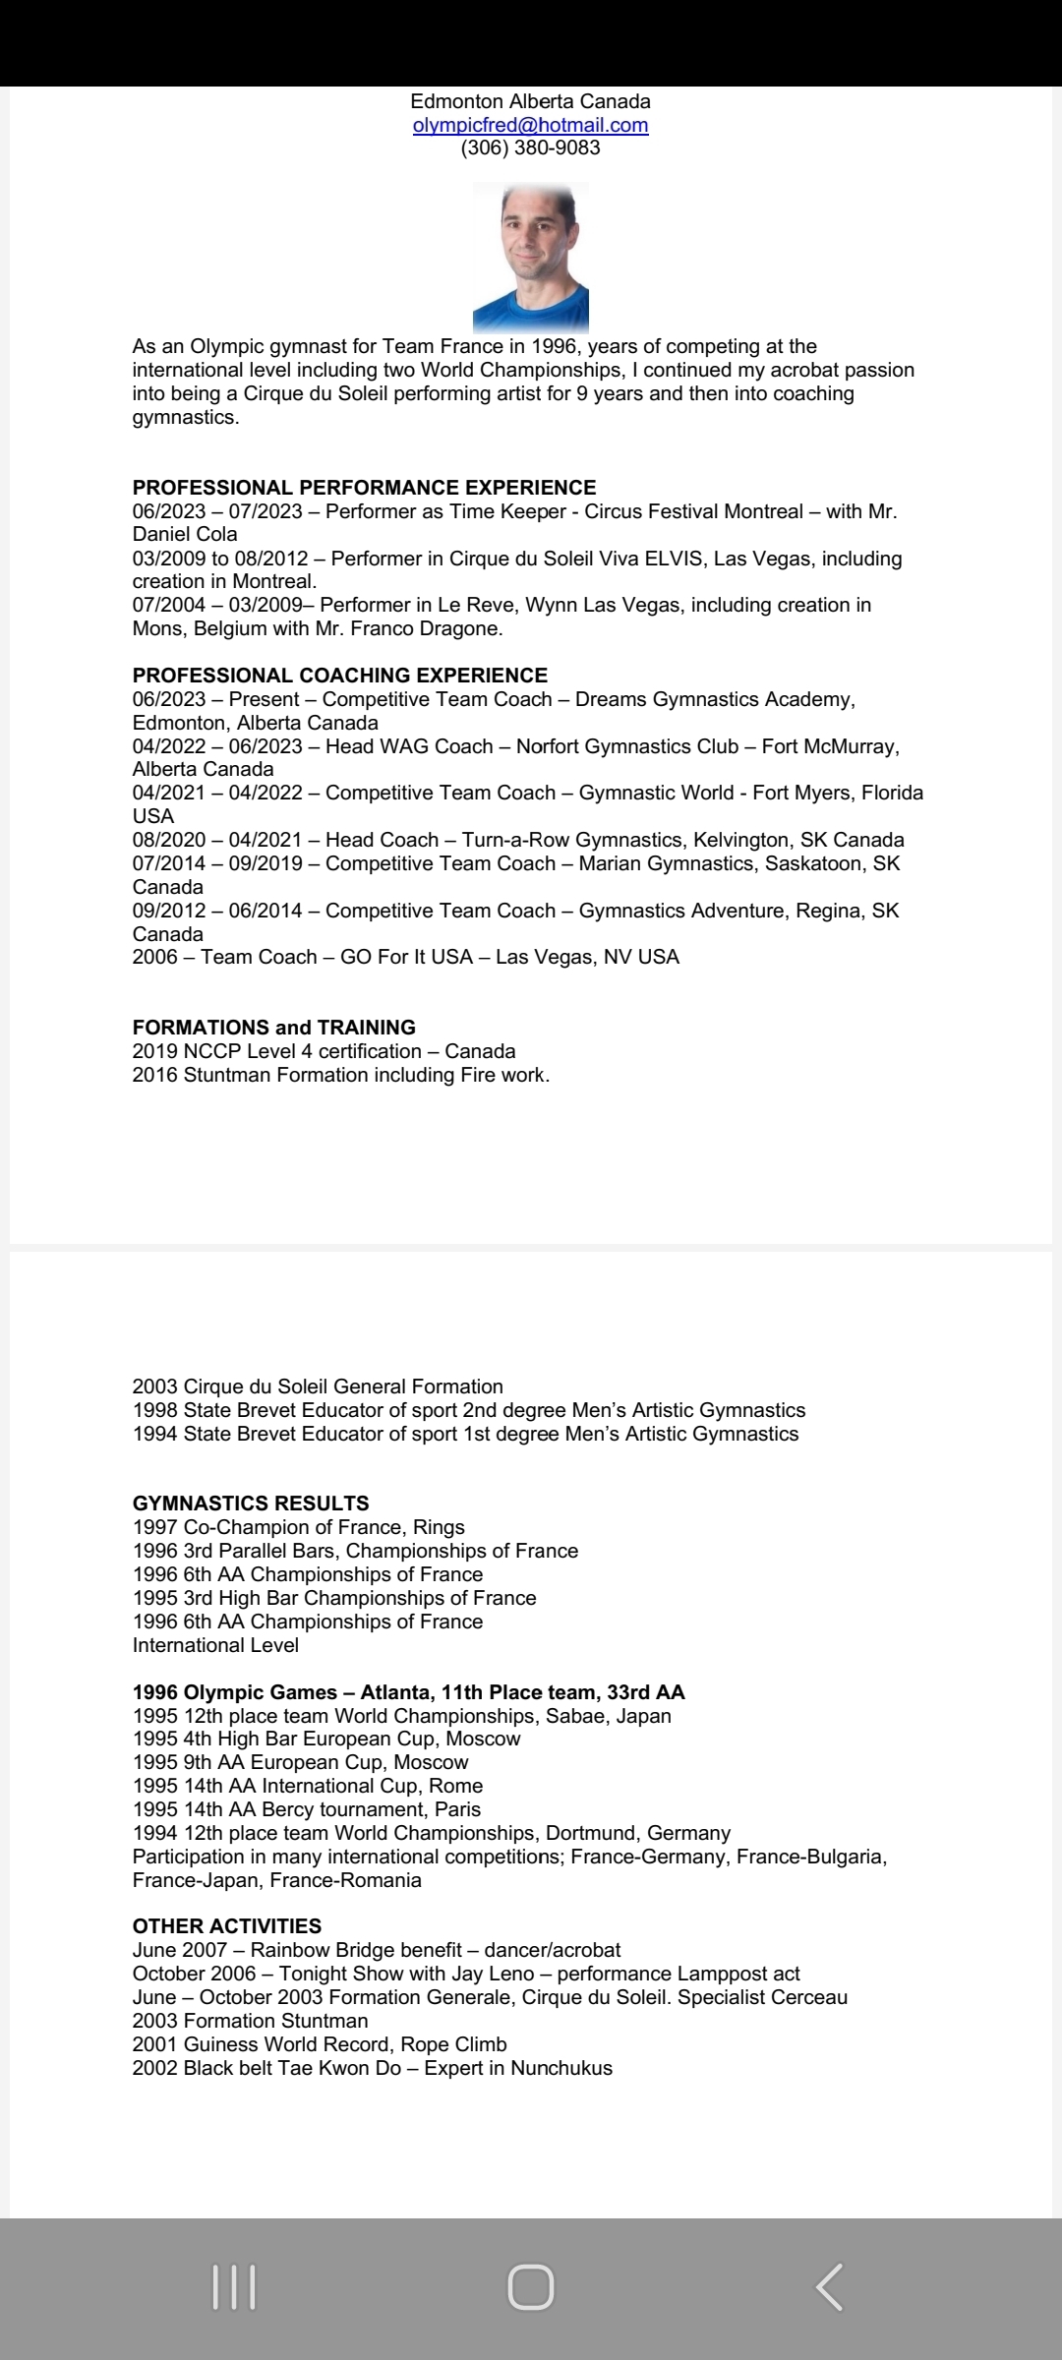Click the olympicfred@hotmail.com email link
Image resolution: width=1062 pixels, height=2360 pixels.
click(530, 125)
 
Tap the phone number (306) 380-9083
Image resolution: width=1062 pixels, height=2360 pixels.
click(530, 148)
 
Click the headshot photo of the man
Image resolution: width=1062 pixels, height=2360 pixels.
click(530, 258)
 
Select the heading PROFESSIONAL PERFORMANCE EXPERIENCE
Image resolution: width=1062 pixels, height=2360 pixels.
click(364, 488)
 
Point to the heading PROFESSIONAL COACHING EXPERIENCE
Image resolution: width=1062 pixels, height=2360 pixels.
click(339, 676)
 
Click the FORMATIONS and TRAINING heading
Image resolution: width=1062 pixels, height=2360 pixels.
click(273, 1028)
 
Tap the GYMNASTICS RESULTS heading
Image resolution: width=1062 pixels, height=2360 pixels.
click(251, 1504)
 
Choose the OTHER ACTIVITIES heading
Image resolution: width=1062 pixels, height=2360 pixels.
click(226, 1926)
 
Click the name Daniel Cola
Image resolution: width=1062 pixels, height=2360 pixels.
click(185, 535)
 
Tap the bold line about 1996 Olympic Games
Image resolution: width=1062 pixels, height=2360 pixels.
click(408, 1692)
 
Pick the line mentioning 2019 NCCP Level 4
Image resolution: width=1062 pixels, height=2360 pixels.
click(324, 1051)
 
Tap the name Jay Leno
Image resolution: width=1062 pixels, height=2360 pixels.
click(492, 1974)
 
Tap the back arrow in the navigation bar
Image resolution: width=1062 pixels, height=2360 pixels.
click(829, 2287)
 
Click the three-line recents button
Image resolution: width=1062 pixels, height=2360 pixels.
click(234, 2287)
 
